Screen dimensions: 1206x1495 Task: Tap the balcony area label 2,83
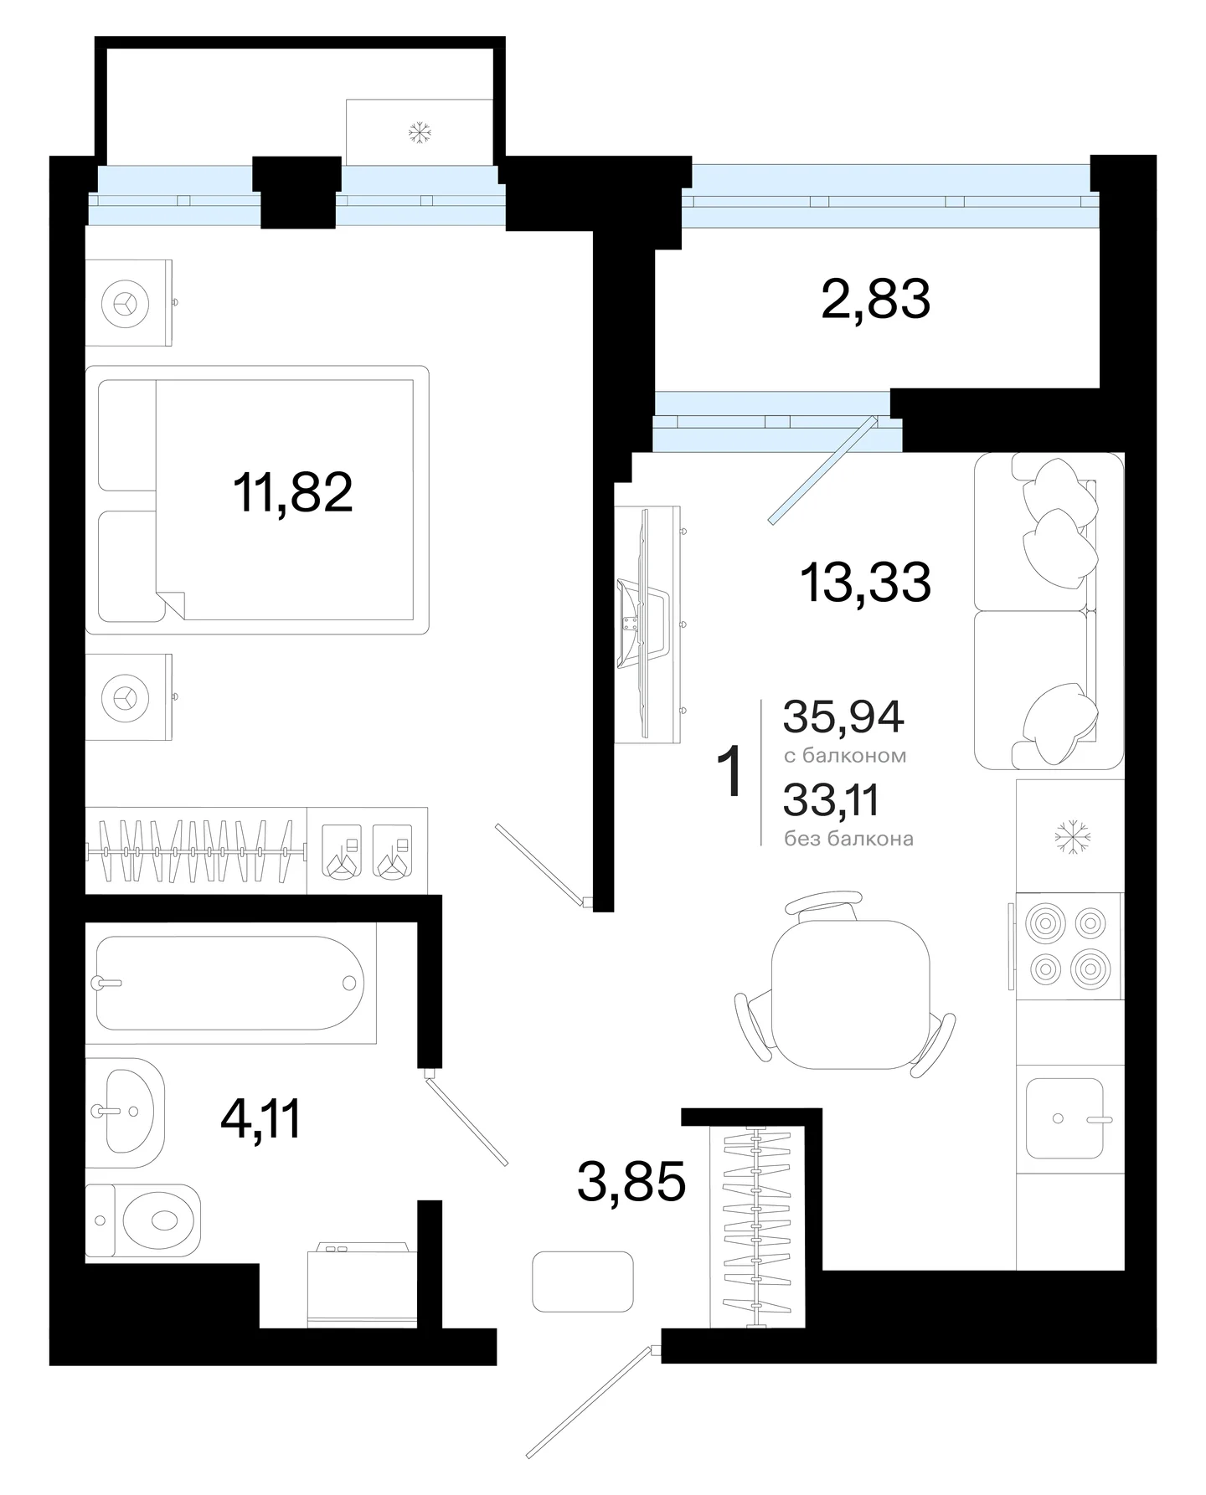point(876,299)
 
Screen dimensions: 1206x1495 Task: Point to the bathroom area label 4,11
point(260,1118)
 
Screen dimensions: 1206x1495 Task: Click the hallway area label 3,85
point(631,1182)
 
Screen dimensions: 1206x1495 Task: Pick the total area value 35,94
point(843,717)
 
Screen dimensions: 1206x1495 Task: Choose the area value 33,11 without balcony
point(831,800)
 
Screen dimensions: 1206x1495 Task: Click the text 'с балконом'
point(845,756)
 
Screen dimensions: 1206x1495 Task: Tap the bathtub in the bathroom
point(230,983)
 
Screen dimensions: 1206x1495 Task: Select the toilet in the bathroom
point(144,1220)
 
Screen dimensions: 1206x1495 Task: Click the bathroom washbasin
point(125,1112)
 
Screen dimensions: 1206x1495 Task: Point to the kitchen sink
point(1065,1118)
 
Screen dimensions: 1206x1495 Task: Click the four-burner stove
point(1069,946)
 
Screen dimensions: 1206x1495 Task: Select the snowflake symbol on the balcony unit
point(419,131)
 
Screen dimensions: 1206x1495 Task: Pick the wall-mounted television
point(643,624)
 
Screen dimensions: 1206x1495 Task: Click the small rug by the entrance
point(583,1281)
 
